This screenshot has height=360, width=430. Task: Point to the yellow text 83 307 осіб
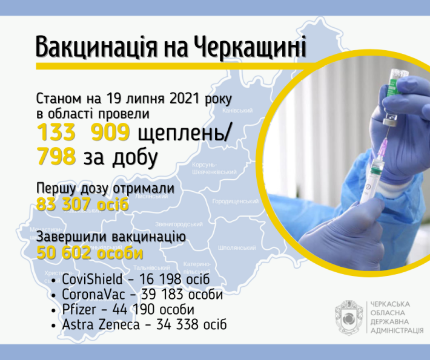click(83, 203)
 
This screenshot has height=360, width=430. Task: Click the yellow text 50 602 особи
click(90, 252)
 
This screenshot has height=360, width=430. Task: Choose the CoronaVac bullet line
click(142, 295)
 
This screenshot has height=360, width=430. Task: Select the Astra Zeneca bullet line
click(144, 325)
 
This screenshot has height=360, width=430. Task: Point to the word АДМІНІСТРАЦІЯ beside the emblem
click(397, 332)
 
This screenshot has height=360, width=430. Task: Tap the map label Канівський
click(237, 111)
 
